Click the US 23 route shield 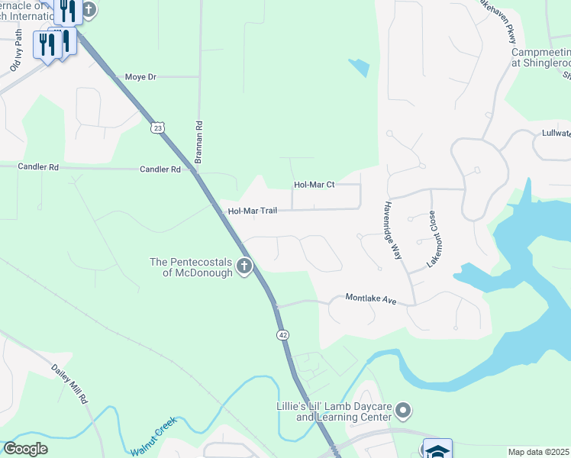click(x=156, y=128)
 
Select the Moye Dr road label click(x=140, y=78)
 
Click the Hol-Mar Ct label click(x=315, y=185)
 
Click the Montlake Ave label click(x=371, y=298)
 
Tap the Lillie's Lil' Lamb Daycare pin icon click(x=404, y=412)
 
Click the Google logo click(x=25, y=449)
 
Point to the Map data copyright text click(x=539, y=452)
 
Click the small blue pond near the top click(x=359, y=67)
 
